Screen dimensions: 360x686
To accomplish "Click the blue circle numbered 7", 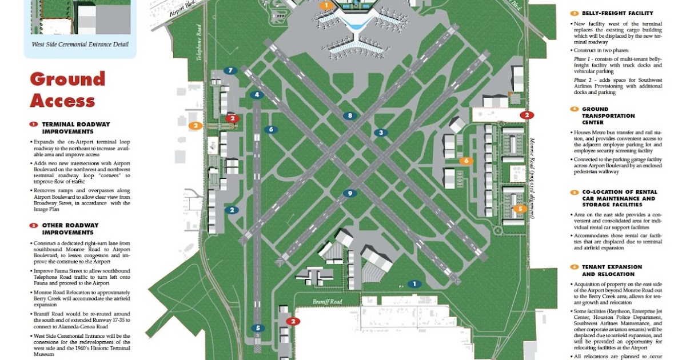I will (230, 71).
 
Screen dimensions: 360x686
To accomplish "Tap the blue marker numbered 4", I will (257, 95).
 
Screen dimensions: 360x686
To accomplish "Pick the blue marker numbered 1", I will (414, 284).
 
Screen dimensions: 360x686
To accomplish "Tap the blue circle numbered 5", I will (258, 328).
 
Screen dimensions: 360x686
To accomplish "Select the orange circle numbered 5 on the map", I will (520, 209).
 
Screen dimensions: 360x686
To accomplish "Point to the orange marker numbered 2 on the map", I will (196, 126).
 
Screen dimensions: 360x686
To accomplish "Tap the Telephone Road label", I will (200, 45).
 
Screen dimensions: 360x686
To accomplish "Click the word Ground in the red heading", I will (67, 79).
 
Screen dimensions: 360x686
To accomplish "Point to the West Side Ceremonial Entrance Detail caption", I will (79, 45).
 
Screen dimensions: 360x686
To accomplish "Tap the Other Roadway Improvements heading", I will (70, 229).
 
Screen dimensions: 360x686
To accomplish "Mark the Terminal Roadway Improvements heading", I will (75, 128).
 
